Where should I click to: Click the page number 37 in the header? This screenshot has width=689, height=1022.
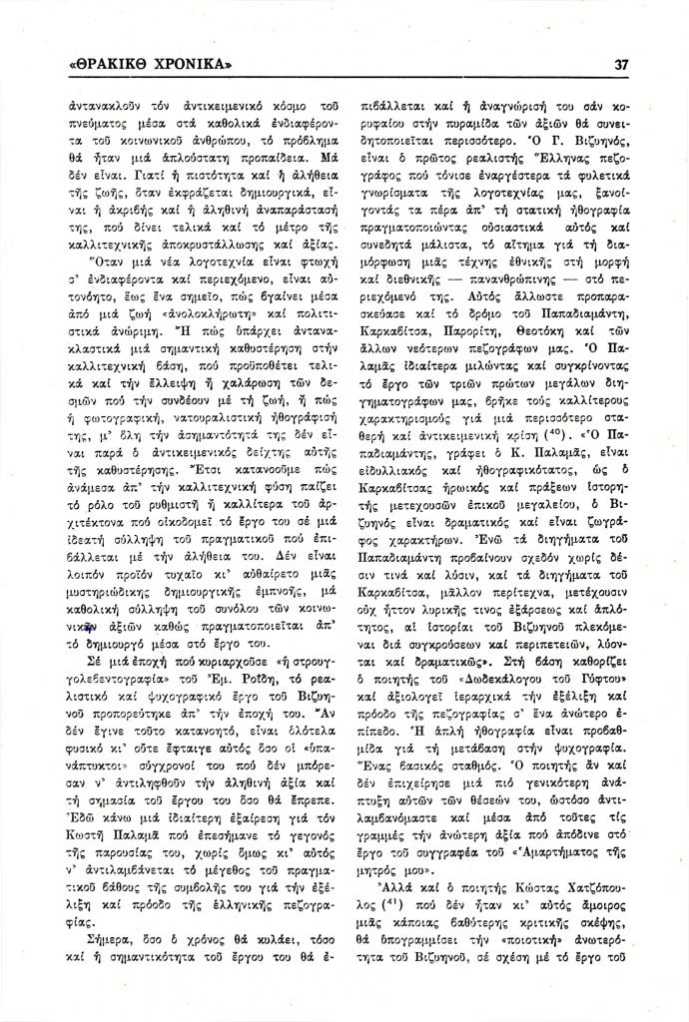pyautogui.click(x=621, y=65)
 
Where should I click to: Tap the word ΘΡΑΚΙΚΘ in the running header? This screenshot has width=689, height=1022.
pyautogui.click(x=107, y=65)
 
